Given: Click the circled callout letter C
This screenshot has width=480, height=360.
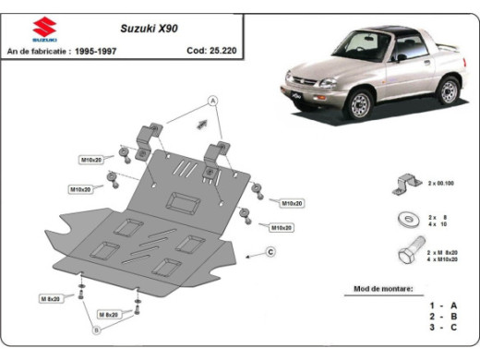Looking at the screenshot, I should tap(271, 251).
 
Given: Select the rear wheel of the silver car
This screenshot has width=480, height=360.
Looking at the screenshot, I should tap(449, 90).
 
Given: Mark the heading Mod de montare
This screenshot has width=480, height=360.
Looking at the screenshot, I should tap(383, 289).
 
